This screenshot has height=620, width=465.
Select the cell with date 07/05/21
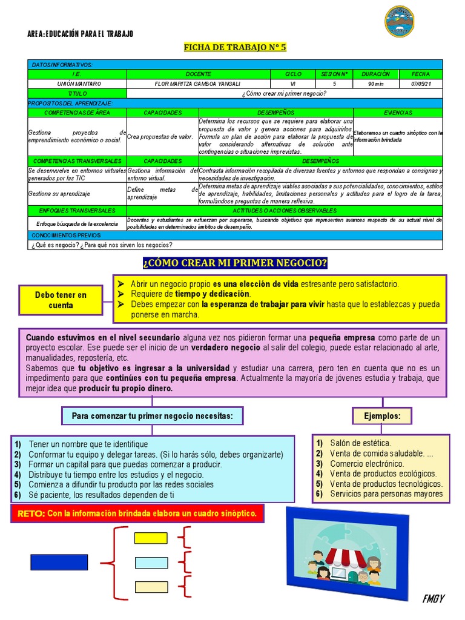420,84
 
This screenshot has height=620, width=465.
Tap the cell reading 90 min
375,84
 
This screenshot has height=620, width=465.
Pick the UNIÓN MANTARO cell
77,84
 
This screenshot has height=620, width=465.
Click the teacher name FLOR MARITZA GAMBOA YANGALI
198,84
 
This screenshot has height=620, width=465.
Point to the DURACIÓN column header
375,74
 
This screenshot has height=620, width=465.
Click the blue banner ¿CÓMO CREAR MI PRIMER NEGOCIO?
235,263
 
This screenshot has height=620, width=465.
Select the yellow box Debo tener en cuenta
61,300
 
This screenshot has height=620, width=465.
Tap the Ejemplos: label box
382,416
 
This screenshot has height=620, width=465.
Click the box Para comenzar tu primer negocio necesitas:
148,416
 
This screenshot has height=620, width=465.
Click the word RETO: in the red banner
31,513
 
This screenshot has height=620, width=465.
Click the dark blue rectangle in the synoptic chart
59,562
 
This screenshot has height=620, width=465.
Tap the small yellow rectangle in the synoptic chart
151,538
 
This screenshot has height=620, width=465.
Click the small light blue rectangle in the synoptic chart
151,562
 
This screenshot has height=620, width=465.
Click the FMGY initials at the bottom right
434,599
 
